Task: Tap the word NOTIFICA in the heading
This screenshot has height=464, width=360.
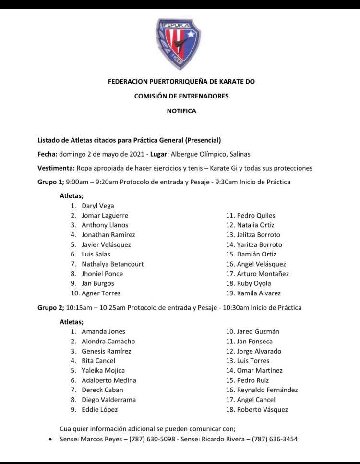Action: [x=181, y=111]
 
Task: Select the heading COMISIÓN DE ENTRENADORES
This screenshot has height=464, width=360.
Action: [x=181, y=96]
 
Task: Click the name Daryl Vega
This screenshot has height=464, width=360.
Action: [x=98, y=206]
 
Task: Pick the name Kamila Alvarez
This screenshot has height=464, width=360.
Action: [x=259, y=293]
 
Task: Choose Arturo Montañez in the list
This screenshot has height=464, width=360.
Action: [x=263, y=274]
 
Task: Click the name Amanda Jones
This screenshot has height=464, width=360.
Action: [x=103, y=331]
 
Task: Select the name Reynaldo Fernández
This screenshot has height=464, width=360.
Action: [x=267, y=390]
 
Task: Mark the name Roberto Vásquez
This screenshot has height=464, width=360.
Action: [x=262, y=410]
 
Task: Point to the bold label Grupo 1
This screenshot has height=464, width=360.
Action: [x=50, y=182]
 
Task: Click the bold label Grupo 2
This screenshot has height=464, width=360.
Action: [x=50, y=307]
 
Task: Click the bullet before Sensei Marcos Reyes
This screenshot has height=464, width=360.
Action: [x=50, y=439]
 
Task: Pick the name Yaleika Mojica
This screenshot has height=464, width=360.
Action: [x=103, y=370]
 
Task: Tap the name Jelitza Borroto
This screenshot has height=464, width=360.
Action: [x=258, y=235]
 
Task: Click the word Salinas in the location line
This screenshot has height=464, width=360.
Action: [x=239, y=154]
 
